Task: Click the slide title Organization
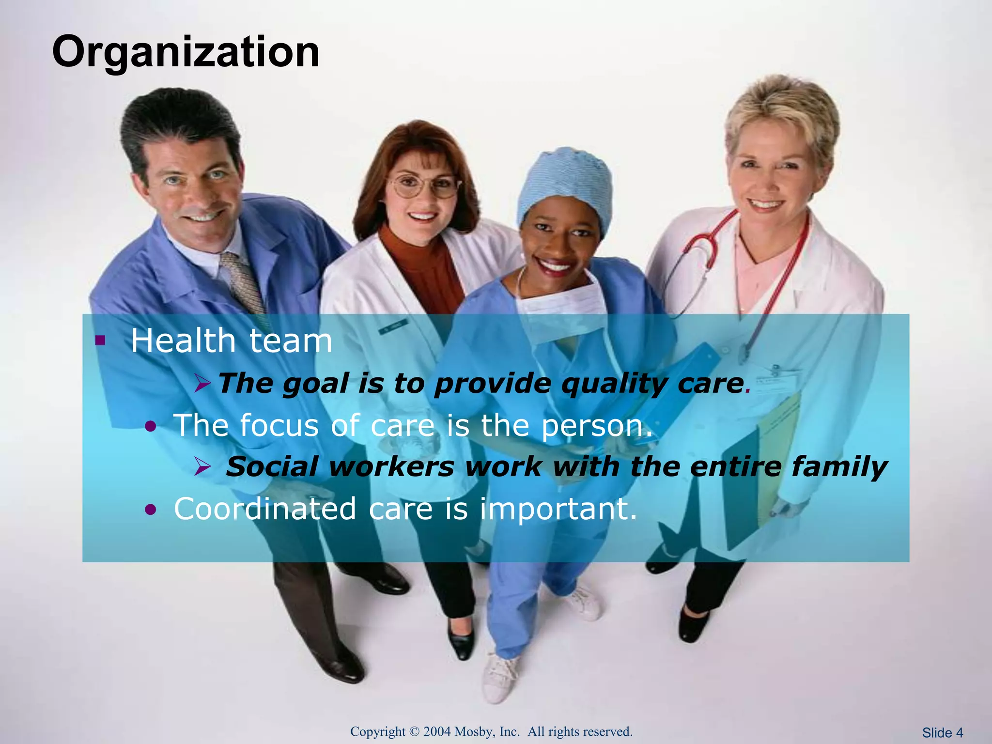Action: click(186, 52)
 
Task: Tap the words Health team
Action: click(232, 341)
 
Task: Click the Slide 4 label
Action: click(943, 732)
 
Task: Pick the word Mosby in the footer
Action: click(474, 731)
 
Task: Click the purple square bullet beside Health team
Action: click(100, 340)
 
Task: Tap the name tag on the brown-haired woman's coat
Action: click(393, 325)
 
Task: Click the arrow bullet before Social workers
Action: click(202, 466)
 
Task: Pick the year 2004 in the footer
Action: click(437, 731)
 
